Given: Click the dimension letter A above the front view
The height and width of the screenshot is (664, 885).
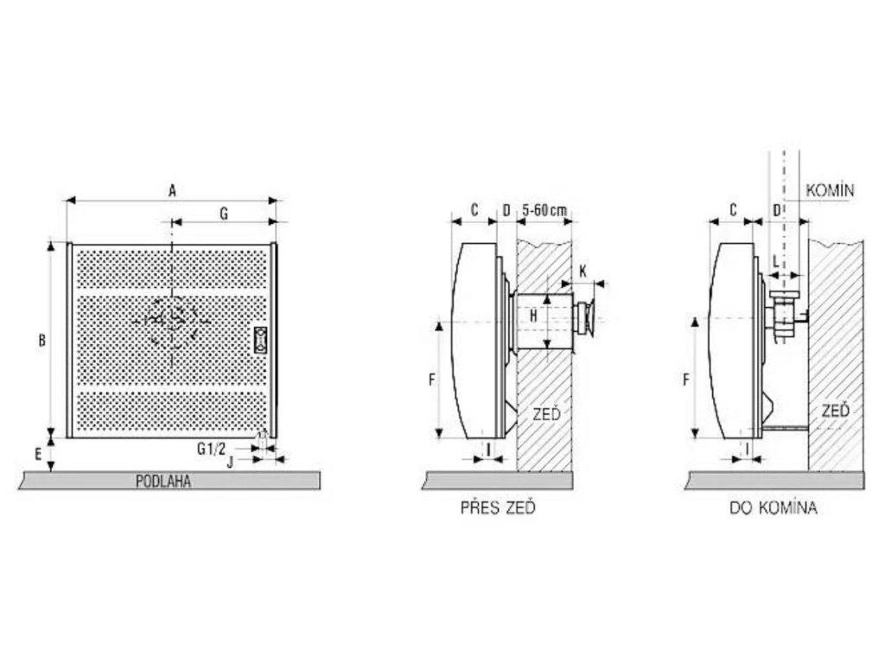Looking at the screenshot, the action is click(173, 190).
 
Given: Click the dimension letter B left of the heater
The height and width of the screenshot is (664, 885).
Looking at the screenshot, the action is click(41, 341).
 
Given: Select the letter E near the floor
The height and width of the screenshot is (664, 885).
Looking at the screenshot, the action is click(38, 453).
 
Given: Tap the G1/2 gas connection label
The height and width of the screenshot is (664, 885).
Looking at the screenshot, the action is click(212, 449).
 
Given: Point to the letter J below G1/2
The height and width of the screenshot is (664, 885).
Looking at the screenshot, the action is click(230, 462).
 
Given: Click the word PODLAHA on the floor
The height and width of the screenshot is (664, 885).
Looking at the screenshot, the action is click(163, 482).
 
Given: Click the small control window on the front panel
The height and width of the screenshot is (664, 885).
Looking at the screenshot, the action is click(260, 340).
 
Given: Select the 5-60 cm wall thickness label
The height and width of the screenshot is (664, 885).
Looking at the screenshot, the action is click(544, 210).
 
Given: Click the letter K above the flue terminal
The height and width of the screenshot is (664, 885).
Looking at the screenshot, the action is click(583, 271).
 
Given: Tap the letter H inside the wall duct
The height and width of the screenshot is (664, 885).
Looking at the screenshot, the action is click(533, 316).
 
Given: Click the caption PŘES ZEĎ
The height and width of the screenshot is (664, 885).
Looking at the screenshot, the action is click(498, 507).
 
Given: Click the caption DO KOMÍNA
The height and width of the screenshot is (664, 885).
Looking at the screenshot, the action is click(773, 508).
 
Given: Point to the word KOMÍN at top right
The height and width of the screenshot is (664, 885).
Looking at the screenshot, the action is click(830, 190).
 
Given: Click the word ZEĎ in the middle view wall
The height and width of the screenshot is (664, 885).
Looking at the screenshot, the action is click(547, 414).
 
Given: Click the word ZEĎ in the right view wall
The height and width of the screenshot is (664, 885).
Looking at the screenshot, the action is click(836, 410).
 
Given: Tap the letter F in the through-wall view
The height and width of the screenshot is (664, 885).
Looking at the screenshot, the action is click(432, 380).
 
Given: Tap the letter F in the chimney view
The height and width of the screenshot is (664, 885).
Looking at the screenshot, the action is click(686, 380).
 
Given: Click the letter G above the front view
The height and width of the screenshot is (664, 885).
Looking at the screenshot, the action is click(224, 214).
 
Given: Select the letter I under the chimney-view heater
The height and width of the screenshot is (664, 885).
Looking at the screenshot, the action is click(748, 449).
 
